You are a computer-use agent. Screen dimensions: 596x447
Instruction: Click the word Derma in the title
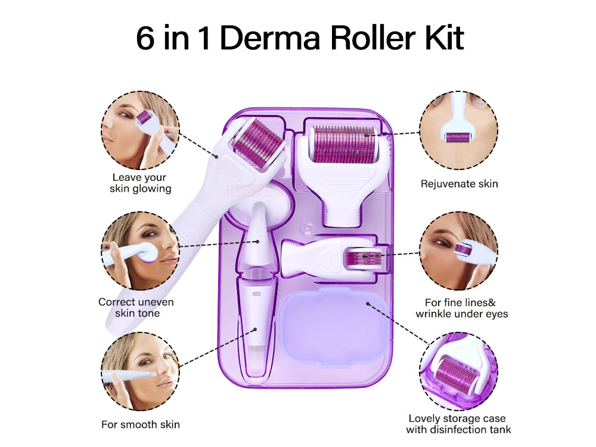pos(270,38)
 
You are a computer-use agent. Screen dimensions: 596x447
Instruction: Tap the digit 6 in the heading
pos(145,38)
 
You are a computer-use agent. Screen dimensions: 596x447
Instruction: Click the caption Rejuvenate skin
pos(459,184)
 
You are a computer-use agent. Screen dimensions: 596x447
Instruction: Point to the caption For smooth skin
pos(141,424)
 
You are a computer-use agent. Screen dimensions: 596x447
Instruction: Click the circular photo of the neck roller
pos(459,130)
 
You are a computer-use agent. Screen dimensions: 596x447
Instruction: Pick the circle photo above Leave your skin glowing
pos(140,130)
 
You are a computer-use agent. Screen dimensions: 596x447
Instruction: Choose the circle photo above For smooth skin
pos(140,371)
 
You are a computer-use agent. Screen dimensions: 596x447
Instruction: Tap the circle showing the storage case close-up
pos(459,371)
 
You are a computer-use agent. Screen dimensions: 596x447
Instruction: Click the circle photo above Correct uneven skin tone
pos(140,251)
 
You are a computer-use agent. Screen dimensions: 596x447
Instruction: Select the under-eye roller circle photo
pos(459,251)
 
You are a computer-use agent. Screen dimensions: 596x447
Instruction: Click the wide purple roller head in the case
pos(344,144)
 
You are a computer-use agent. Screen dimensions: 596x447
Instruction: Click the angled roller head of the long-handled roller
pos(259,143)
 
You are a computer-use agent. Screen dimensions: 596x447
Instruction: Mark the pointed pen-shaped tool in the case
pos(257,289)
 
